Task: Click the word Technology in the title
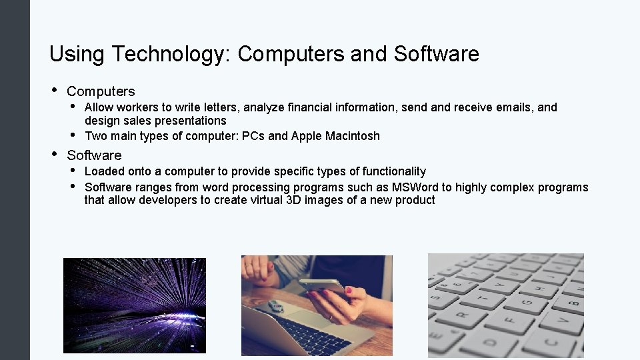point(169,54)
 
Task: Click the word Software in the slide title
point(436,54)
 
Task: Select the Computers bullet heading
point(101,91)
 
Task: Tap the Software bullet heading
point(94,155)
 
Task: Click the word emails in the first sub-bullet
point(516,107)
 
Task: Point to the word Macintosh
point(353,136)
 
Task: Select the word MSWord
point(414,187)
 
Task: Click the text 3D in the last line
point(293,200)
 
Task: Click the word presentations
point(190,121)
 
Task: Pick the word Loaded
point(102,171)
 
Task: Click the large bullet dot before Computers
point(53,91)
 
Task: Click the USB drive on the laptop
point(273,307)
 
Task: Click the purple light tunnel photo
point(134,305)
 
